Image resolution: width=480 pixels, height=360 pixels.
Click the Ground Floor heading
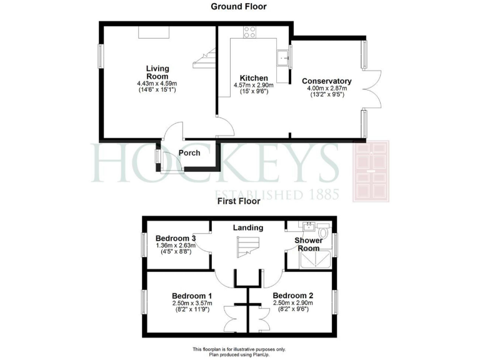tap(238, 7)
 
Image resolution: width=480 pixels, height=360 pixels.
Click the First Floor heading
tap(238, 201)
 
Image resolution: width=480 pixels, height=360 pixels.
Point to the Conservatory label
tap(326, 81)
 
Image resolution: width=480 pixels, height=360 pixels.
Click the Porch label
tap(189, 153)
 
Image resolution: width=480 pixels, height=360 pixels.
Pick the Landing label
tap(248, 228)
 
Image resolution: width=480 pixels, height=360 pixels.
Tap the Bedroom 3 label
tap(176, 238)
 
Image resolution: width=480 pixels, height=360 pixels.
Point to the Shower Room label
tap(309, 244)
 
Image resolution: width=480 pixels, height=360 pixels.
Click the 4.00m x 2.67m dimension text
tap(326, 89)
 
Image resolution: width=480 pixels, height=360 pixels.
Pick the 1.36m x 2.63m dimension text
tap(176, 246)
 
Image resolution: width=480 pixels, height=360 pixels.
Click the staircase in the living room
tap(204, 59)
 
